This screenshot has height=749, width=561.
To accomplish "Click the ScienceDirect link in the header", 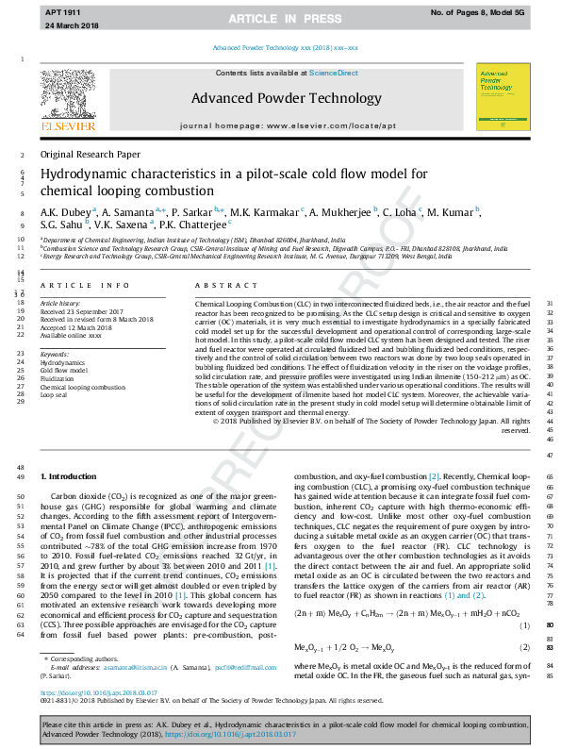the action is [x=333, y=73].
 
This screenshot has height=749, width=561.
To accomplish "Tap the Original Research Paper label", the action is [x=90, y=154].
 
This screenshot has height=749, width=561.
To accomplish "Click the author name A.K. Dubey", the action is [x=64, y=212].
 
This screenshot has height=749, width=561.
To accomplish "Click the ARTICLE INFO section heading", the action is [x=84, y=284].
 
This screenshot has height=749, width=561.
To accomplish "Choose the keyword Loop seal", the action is [x=55, y=395].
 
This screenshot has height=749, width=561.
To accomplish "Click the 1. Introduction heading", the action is [x=72, y=476].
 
